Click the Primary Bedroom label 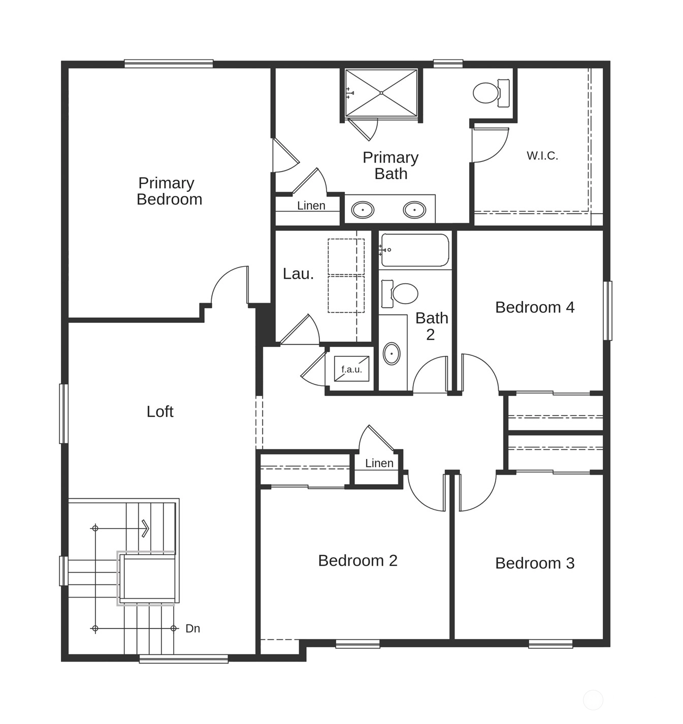coord(169,191)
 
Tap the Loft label coord(160,412)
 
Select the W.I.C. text coord(542,156)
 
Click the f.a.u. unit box coord(351,369)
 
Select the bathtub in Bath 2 coord(415,250)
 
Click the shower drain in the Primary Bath coord(381,93)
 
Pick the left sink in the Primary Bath coord(363,210)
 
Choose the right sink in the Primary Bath coord(414,210)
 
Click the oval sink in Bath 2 coord(392,353)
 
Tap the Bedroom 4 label coord(535,307)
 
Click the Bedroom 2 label coord(357,561)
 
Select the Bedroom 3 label coord(535,563)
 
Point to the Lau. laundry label coord(298,274)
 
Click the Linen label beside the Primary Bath coord(311,206)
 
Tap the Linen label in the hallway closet coord(379,463)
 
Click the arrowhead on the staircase coord(146,528)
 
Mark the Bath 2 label coord(432,326)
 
